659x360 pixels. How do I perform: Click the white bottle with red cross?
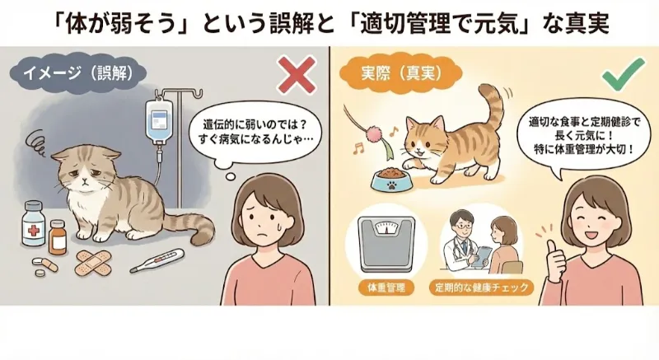point(32,221)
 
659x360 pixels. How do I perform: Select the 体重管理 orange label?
point(382,289)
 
